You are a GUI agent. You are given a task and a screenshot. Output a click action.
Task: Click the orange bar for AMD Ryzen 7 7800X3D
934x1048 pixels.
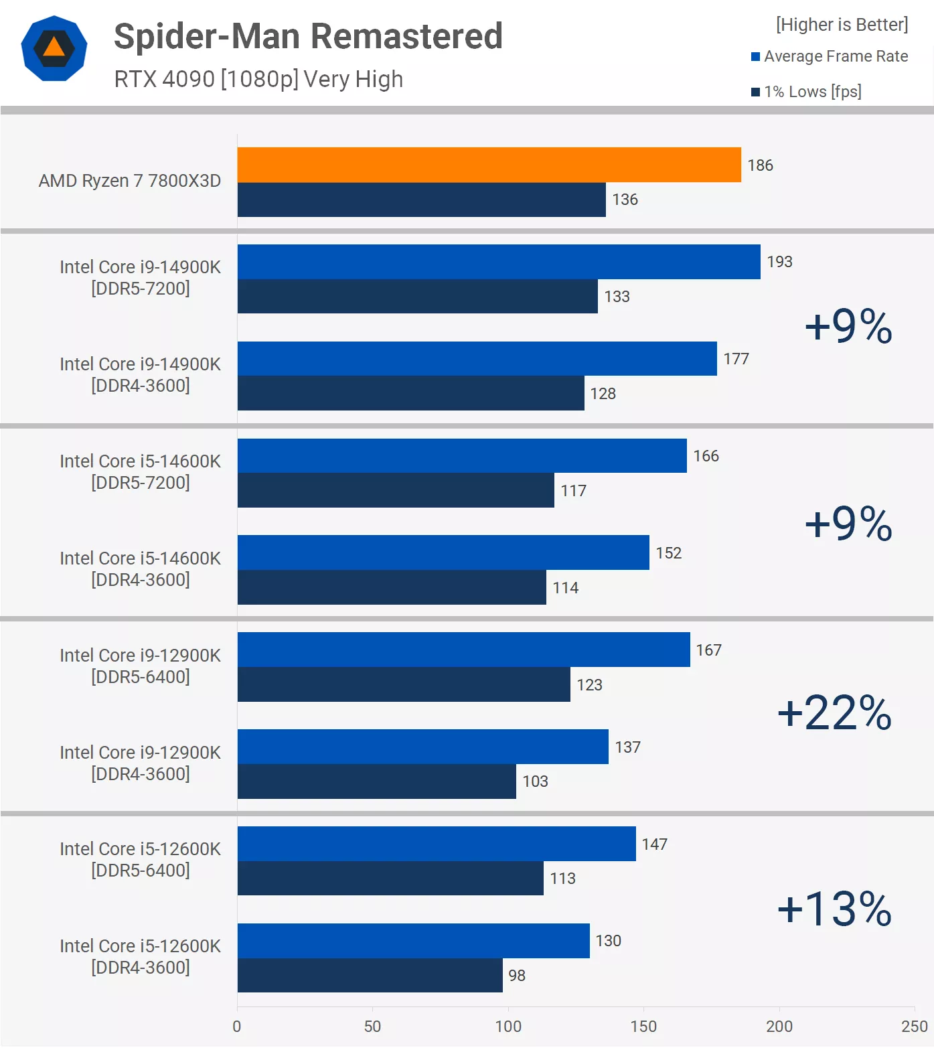click(x=489, y=165)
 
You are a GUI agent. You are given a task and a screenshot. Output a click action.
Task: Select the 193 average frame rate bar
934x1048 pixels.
click(x=499, y=262)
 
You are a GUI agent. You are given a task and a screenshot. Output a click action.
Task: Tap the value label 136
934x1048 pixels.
click(x=625, y=200)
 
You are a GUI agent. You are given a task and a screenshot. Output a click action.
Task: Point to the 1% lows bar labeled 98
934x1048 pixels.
click(x=370, y=975)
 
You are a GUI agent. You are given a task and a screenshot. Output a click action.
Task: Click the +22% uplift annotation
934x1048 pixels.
click(x=834, y=713)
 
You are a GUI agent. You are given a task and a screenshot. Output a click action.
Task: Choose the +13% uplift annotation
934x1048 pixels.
click(x=834, y=909)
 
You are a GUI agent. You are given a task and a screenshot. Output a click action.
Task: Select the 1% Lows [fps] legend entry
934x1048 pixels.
click(x=806, y=92)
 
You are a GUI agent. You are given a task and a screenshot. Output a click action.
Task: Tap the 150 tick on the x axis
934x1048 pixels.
click(x=643, y=1026)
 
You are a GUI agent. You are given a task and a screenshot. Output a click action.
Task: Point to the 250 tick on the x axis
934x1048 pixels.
click(x=914, y=1026)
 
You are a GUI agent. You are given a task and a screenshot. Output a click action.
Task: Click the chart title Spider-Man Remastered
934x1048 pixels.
click(x=308, y=36)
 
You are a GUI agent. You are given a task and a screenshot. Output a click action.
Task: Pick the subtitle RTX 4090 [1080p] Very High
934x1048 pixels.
click(x=258, y=79)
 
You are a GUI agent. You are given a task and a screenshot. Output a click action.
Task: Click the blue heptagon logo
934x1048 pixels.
click(x=54, y=48)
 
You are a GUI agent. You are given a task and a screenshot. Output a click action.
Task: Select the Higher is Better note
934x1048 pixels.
click(x=842, y=25)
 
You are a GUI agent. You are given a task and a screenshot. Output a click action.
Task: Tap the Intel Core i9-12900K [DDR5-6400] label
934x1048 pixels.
click(x=140, y=666)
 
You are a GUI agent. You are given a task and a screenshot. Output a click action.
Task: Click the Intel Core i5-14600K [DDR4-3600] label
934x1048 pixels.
click(x=140, y=569)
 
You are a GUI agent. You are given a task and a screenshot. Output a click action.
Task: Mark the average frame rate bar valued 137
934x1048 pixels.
click(x=422, y=747)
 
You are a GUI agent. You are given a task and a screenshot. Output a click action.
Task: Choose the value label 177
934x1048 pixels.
click(x=736, y=359)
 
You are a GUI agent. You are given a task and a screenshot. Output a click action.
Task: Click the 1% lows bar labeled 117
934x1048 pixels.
click(x=396, y=490)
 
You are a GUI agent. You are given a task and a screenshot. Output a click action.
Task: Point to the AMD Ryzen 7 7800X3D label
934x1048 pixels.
click(x=129, y=181)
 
